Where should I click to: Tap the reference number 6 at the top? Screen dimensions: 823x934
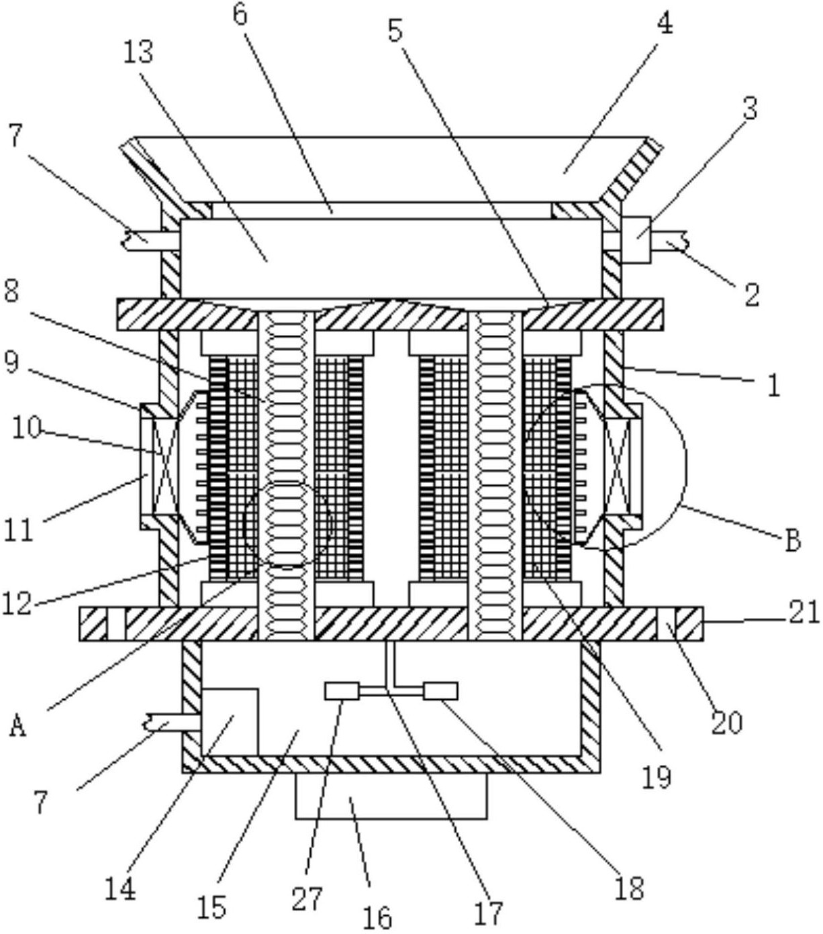(240, 15)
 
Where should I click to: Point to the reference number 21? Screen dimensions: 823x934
(804, 614)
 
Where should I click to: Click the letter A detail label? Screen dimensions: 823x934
(17, 727)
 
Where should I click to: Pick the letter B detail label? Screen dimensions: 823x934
(793, 541)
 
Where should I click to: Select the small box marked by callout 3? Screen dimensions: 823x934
(636, 240)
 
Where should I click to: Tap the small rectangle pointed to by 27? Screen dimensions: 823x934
(342, 691)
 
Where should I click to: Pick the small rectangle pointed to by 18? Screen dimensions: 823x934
(441, 691)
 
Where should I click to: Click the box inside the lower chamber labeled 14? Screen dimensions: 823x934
(230, 723)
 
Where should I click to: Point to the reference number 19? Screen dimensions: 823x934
(657, 777)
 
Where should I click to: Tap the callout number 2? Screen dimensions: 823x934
(751, 295)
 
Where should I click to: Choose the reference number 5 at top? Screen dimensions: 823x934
(395, 32)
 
